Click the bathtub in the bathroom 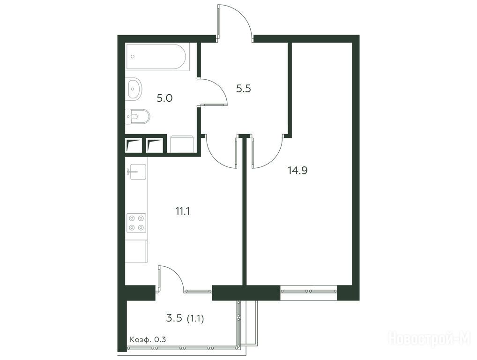157,57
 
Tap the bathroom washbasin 134,89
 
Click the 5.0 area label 164,98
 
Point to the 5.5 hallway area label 243,89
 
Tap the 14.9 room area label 298,171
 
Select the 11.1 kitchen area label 183,211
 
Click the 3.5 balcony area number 174,318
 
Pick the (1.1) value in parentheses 195,319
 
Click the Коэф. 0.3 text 148,340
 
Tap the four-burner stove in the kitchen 137,223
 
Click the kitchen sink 136,172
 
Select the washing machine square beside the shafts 182,144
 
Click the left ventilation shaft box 134,145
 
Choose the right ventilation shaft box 155,145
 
